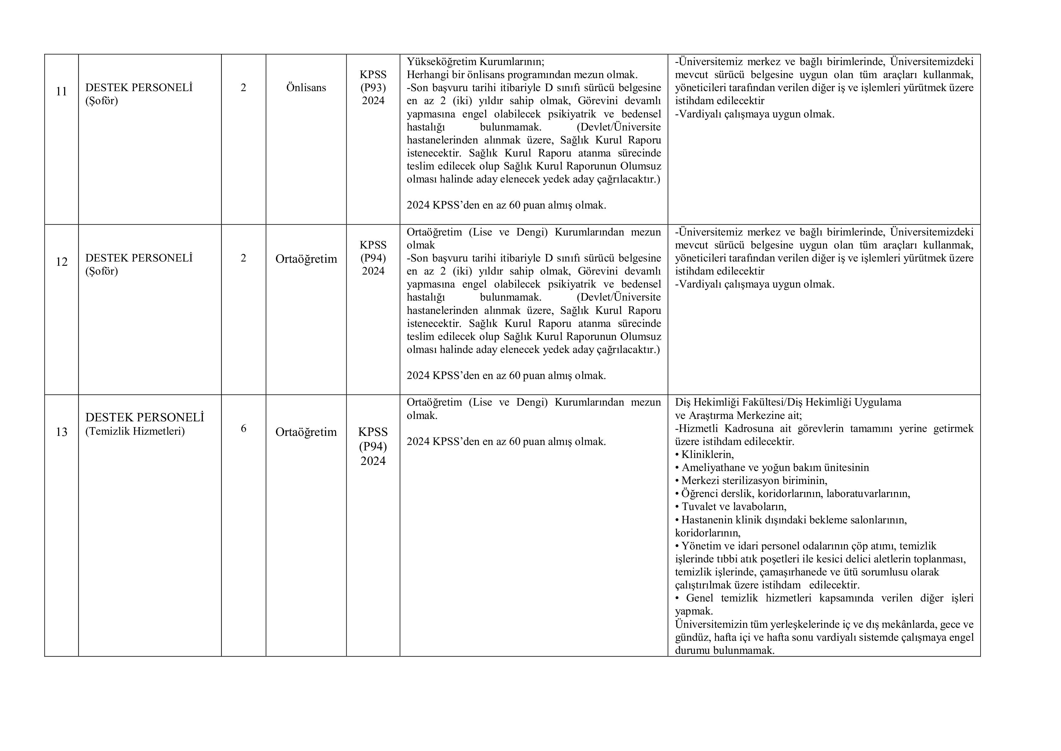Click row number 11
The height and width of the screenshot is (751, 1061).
(x=61, y=91)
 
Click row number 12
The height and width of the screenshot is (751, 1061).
(x=61, y=262)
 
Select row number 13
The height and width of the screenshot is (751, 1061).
(x=61, y=432)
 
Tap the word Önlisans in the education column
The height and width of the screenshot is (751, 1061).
(x=306, y=87)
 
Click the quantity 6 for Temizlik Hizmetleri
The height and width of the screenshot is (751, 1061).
(x=243, y=428)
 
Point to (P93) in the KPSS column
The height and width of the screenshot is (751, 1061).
(x=373, y=87)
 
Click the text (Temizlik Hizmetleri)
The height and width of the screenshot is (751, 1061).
(x=135, y=431)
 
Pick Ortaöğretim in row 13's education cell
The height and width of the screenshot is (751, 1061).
(x=306, y=432)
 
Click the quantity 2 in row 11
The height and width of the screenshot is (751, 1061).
(x=243, y=87)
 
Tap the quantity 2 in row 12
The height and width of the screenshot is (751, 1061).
(x=243, y=258)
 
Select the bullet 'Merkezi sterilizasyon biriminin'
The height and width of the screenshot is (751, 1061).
(x=751, y=480)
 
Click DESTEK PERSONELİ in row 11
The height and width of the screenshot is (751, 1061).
(x=139, y=87)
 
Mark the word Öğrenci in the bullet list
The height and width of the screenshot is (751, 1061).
(x=698, y=493)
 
